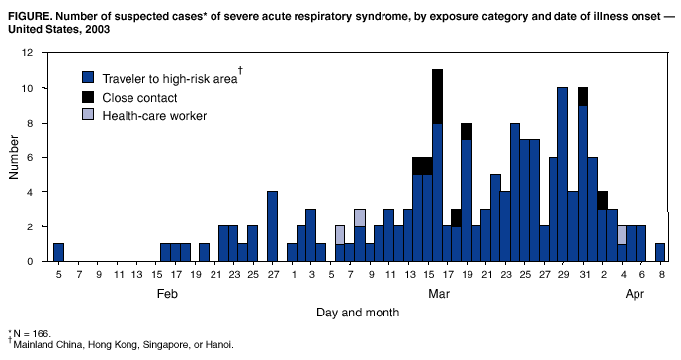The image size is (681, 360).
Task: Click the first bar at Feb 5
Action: tap(58, 252)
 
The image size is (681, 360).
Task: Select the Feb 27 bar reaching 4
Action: tap(272, 226)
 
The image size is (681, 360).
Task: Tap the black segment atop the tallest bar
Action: tap(437, 96)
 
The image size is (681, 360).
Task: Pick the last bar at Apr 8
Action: tap(659, 252)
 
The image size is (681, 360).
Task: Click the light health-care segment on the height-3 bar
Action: tap(360, 217)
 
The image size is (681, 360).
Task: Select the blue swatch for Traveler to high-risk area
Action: tap(88, 78)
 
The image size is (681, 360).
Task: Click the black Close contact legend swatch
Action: tap(88, 97)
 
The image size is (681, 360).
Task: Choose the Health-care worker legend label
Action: tap(155, 116)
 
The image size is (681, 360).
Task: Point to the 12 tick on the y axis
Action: tap(37, 53)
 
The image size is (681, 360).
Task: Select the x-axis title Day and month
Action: tap(358, 312)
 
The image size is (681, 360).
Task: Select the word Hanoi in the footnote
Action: tap(216, 345)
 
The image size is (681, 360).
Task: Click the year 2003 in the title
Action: tap(98, 28)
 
